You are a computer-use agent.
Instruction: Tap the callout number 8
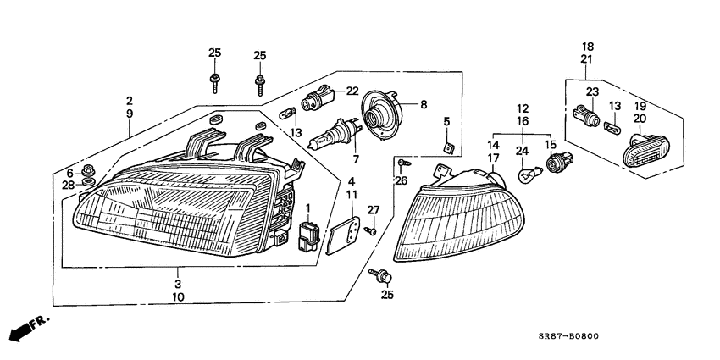pyautogui.click(x=424, y=104)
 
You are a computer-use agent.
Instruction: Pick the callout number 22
pyautogui.click(x=352, y=91)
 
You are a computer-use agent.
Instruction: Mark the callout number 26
pyautogui.click(x=402, y=180)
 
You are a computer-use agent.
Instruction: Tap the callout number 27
pyautogui.click(x=370, y=209)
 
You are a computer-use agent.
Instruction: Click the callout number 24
pyautogui.click(x=523, y=152)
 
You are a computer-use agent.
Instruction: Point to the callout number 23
pyautogui.click(x=591, y=91)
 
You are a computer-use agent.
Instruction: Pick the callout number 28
pyautogui.click(x=69, y=185)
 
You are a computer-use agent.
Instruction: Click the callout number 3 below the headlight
pyautogui.click(x=178, y=283)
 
